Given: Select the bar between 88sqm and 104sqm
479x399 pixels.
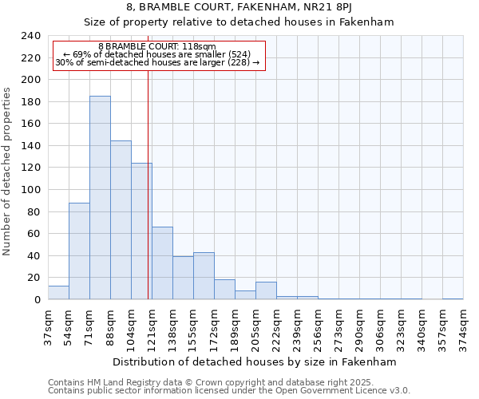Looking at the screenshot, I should pyautogui.click(x=121, y=220).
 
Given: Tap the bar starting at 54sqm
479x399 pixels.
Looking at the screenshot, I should pyautogui.click(x=79, y=251).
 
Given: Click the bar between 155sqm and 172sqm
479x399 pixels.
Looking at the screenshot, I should pyautogui.click(x=204, y=276).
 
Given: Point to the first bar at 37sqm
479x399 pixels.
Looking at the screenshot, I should pyautogui.click(x=58, y=293).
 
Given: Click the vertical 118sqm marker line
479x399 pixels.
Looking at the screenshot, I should pyautogui.click(x=148, y=184).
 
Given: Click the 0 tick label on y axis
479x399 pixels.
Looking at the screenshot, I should pyautogui.click(x=38, y=300).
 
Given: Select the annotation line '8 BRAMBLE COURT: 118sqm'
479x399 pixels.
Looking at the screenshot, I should pyautogui.click(x=156, y=47).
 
